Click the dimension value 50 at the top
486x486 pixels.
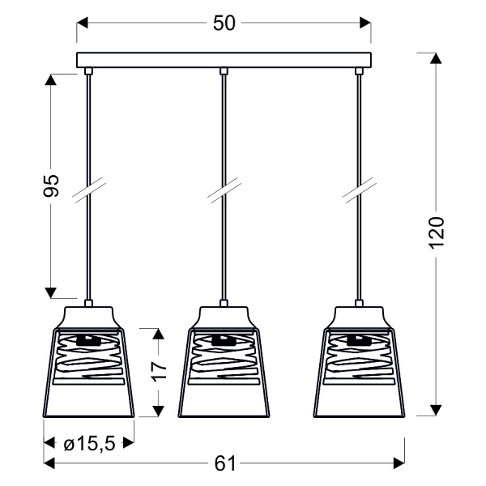[x=224, y=23]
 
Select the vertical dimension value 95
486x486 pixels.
[x=50, y=187]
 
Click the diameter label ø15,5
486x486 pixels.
[x=87, y=442]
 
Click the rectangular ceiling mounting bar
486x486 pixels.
[x=224, y=61]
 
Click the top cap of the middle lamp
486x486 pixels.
[x=223, y=313]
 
